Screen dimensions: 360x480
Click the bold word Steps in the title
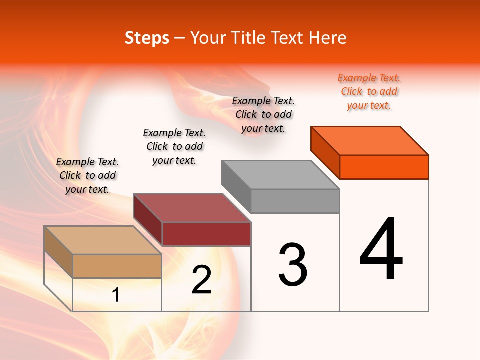[x=147, y=38]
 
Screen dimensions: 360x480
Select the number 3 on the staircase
[x=293, y=265]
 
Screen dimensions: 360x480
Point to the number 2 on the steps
[x=202, y=280]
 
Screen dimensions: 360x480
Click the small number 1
[x=116, y=295]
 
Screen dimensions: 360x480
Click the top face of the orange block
[x=370, y=140]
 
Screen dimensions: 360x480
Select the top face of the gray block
[x=281, y=175]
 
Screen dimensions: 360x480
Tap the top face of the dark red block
[x=192, y=208]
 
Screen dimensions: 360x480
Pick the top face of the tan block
[x=103, y=240]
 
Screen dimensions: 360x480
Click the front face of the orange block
[x=384, y=167]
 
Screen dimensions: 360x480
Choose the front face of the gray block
[x=295, y=201]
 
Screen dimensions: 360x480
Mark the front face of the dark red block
[x=206, y=234]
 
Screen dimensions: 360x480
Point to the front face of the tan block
[x=117, y=266]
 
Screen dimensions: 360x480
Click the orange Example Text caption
[x=369, y=91]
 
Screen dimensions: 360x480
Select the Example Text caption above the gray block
[x=263, y=114]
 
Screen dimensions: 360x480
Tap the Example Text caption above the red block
[x=174, y=146]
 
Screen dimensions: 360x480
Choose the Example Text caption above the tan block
[x=87, y=175]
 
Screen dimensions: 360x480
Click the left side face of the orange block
[x=325, y=152]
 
